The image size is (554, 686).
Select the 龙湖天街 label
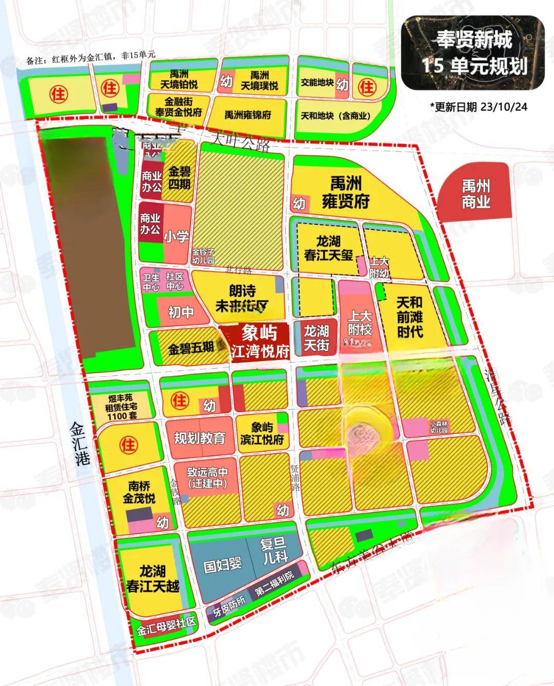point(316,338)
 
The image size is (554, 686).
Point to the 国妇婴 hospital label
point(222,565)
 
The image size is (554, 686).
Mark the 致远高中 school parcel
point(207,478)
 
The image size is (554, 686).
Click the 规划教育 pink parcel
point(200,438)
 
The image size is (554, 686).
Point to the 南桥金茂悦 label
point(139,491)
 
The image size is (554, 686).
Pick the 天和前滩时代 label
point(410,318)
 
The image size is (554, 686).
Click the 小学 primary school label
point(176,237)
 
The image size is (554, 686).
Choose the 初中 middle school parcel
point(181,311)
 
